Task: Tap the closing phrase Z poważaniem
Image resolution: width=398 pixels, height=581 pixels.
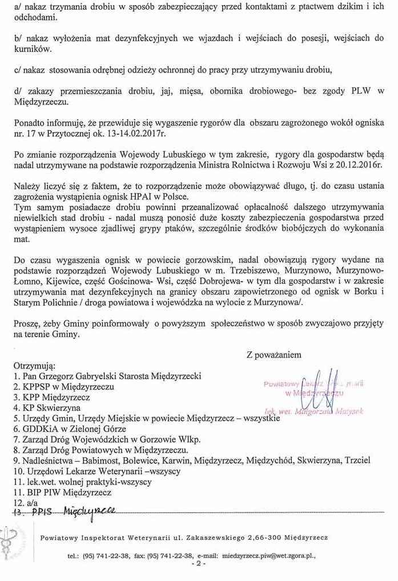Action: click(274, 354)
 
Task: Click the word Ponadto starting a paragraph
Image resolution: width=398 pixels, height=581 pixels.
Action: click(30, 122)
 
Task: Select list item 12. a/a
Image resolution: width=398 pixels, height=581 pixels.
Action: click(25, 502)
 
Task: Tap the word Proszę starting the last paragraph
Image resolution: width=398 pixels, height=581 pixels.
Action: click(27, 323)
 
